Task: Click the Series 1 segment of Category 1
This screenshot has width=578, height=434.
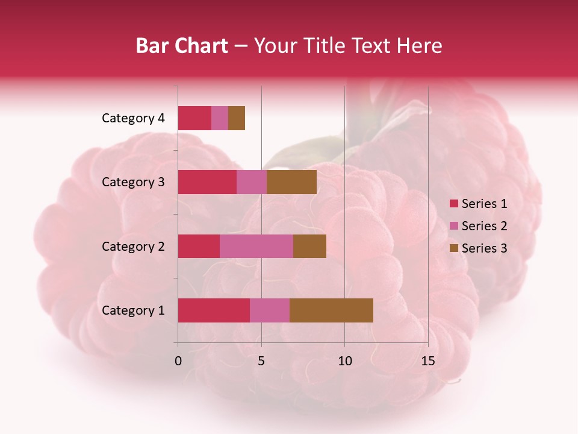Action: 214,310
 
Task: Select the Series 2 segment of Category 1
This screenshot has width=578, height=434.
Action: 270,310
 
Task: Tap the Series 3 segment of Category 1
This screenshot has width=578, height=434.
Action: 331,310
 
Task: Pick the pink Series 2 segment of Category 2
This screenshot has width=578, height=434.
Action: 256,246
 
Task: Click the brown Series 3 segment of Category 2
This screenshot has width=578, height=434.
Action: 309,246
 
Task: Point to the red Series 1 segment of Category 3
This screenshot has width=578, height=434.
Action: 207,182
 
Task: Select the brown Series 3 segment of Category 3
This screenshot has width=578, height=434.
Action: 291,182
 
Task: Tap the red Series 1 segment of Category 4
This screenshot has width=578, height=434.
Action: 194,118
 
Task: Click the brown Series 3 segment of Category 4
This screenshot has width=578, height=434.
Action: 237,118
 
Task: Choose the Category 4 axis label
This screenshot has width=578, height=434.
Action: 133,118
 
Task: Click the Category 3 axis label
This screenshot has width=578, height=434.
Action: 133,182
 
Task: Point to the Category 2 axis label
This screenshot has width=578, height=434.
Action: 133,246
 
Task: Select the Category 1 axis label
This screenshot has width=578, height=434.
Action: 133,310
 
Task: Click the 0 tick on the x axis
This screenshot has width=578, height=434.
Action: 178,361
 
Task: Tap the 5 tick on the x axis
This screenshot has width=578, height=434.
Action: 261,361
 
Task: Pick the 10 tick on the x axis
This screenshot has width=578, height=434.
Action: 344,361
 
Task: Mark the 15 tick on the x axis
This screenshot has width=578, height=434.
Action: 428,361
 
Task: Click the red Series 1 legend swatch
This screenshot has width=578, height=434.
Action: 453,204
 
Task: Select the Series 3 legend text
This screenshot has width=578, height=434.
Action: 485,248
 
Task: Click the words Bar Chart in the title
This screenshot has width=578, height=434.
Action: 182,46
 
